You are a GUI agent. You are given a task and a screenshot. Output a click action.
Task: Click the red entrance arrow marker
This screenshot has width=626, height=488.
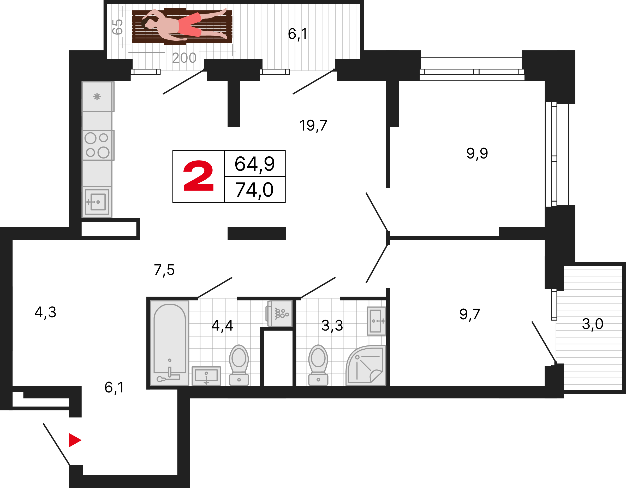(x=75, y=440)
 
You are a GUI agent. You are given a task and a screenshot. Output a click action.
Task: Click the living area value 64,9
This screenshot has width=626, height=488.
(x=254, y=164)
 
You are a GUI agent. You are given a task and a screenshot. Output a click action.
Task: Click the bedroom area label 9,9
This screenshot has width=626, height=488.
(x=477, y=154)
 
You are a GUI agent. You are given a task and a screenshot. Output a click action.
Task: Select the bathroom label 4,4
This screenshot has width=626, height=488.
(x=222, y=326)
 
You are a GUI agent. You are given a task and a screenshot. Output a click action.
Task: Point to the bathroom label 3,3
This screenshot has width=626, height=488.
(x=332, y=326)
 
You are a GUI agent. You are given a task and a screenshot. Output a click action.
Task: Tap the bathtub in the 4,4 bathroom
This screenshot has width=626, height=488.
(x=169, y=343)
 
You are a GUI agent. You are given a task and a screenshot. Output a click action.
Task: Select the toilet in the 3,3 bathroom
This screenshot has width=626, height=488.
(x=318, y=365)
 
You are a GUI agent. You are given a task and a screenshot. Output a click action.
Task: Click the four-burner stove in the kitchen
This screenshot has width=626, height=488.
(x=97, y=145)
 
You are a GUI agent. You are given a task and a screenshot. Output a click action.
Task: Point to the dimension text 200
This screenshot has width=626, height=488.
(x=184, y=58)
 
